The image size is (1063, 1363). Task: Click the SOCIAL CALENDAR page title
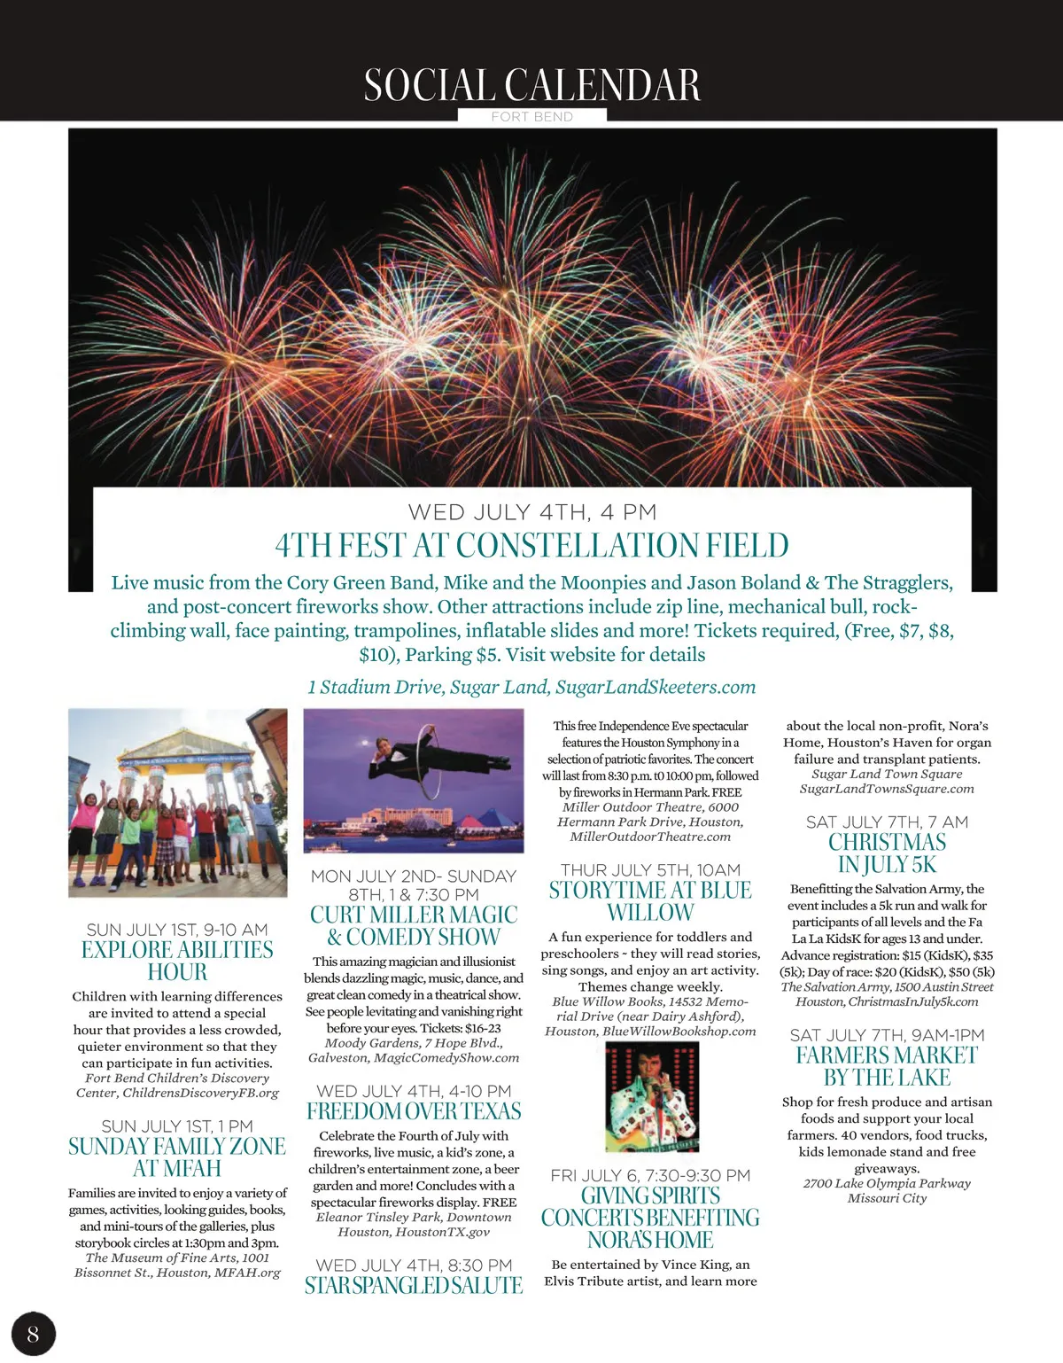click(x=531, y=85)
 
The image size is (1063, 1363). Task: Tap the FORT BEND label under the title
click(x=531, y=116)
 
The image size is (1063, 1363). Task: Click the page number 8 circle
click(x=33, y=1334)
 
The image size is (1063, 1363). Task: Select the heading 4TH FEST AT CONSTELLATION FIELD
click(x=531, y=545)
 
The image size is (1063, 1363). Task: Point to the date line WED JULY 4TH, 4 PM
click(x=531, y=512)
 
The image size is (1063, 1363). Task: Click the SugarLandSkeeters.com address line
click(x=531, y=687)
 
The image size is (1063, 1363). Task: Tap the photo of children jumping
click(x=178, y=802)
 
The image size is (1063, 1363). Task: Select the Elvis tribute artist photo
click(x=652, y=1096)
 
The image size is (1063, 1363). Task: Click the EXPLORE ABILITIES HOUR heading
click(x=177, y=961)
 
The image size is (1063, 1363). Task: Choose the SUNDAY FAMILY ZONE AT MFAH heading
click(x=177, y=1157)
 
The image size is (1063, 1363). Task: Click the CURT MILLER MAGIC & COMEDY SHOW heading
click(x=414, y=925)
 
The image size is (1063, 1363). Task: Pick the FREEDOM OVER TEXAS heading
click(x=414, y=1111)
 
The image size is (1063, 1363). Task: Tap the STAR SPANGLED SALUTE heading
click(x=414, y=1285)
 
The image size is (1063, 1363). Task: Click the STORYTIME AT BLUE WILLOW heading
click(x=650, y=901)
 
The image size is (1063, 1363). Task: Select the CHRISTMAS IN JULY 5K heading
click(x=887, y=853)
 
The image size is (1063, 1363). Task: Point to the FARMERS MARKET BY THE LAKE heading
click(x=887, y=1066)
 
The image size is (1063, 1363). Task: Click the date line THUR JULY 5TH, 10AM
click(x=650, y=870)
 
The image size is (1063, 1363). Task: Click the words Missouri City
click(x=887, y=1198)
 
